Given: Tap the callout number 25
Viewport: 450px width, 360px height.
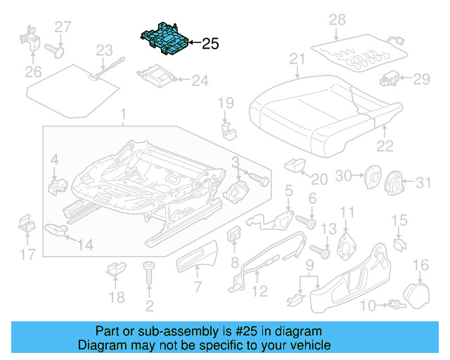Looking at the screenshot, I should click(210, 44).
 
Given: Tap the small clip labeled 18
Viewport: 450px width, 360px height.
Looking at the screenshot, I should click(115, 269).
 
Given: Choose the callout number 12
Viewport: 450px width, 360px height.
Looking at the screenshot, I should click(259, 290).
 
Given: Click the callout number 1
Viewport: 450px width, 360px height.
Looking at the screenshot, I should click(124, 115).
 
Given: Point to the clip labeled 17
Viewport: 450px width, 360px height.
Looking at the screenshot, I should click(27, 226).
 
